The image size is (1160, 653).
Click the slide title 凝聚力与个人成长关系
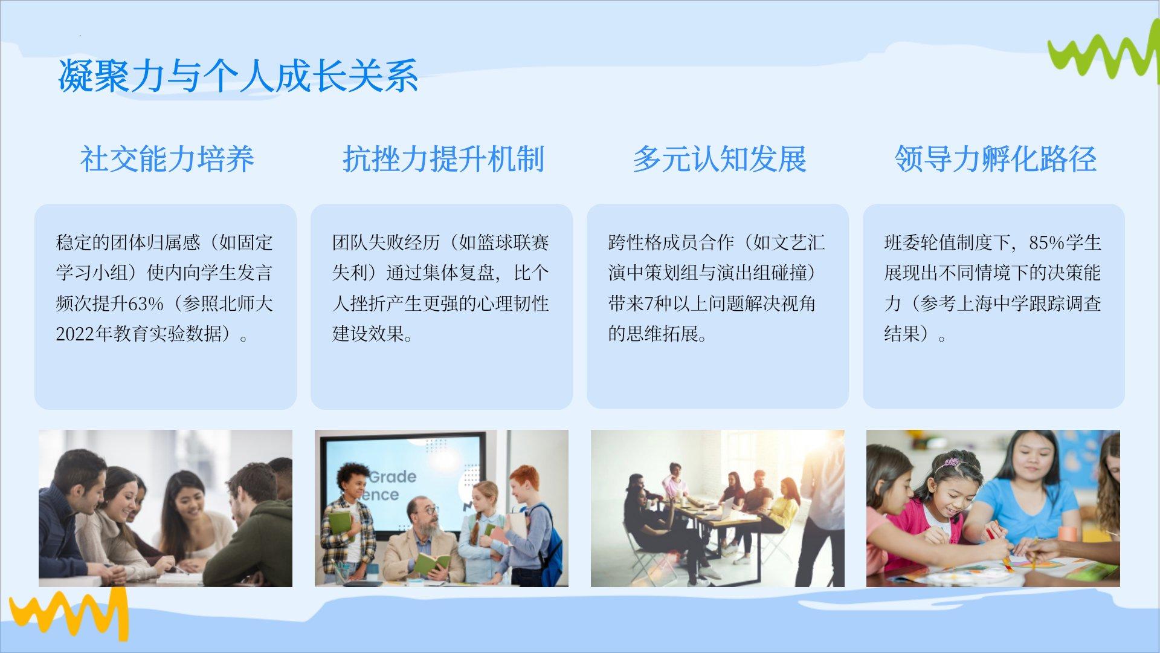click(238, 76)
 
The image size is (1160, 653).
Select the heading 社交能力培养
click(167, 159)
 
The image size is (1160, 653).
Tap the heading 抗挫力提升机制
click(443, 159)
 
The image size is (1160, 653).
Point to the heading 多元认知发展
click(719, 159)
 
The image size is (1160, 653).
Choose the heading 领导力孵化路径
click(995, 159)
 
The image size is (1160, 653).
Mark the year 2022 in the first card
click(75, 334)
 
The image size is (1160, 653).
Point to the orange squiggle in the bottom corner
click(68, 614)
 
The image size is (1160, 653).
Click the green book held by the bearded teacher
click(431, 564)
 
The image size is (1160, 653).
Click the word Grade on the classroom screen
click(393, 476)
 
